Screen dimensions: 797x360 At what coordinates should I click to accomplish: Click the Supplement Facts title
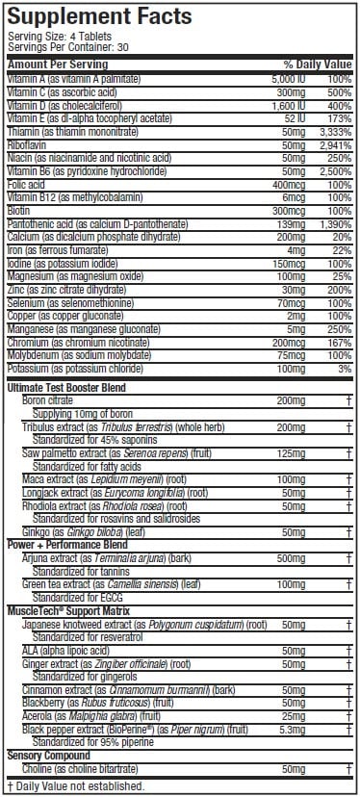pos(99,16)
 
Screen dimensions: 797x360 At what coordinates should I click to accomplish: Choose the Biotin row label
pos(21,209)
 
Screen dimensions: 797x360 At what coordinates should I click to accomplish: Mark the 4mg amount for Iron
pos(296,249)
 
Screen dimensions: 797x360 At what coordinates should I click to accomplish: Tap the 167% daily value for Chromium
pos(338,341)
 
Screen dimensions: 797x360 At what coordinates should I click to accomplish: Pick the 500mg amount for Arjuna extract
pos(291,557)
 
